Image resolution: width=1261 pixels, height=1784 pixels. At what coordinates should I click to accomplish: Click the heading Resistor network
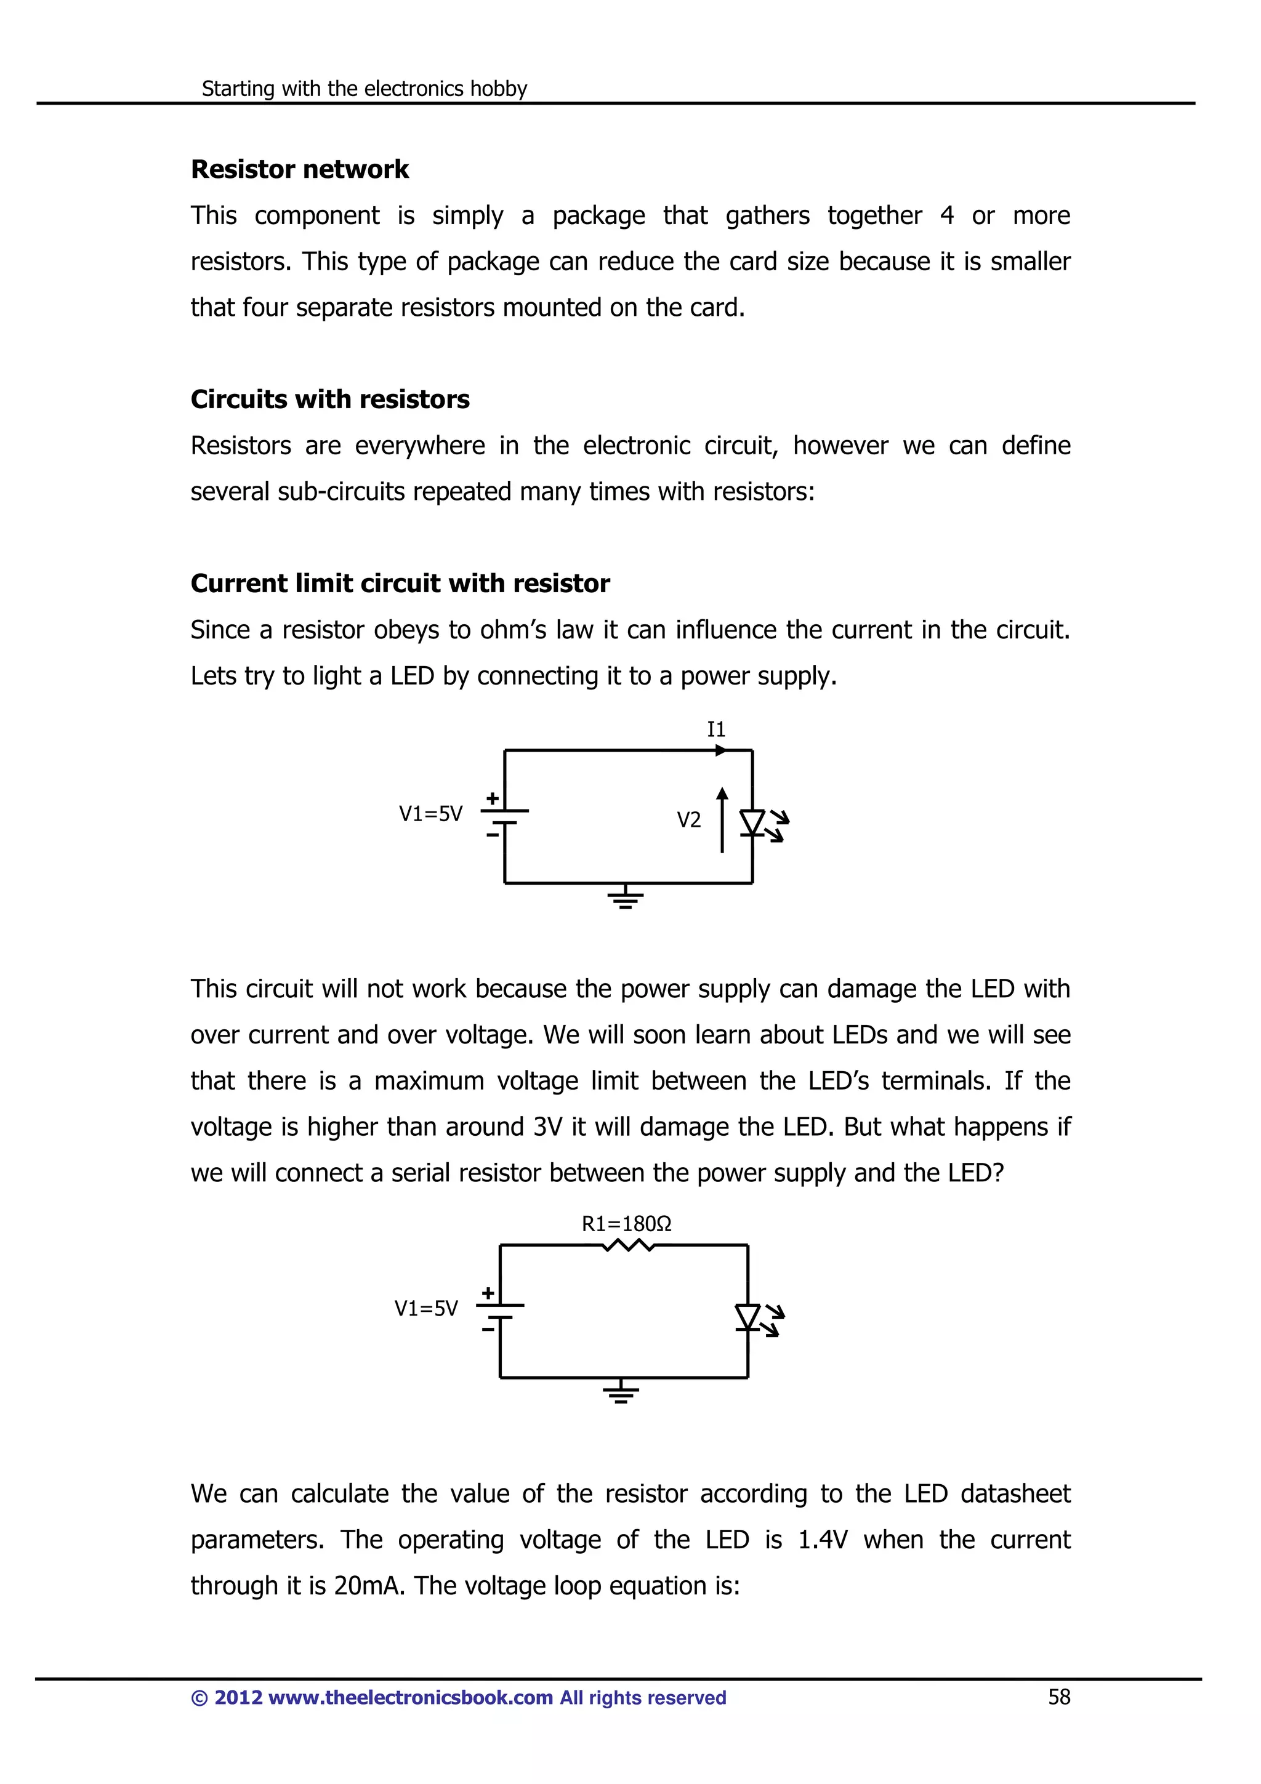click(299, 169)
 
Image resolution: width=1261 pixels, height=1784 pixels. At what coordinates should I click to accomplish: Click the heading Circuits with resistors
click(329, 400)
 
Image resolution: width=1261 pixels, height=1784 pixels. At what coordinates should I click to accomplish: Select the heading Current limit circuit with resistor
click(400, 584)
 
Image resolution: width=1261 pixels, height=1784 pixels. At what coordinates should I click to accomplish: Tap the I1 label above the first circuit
click(715, 729)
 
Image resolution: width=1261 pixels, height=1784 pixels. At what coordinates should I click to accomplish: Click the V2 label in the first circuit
click(688, 820)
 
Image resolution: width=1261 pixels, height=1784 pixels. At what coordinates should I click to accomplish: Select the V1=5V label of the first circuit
click(430, 814)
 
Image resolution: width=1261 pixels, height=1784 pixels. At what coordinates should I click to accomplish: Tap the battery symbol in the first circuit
click(504, 816)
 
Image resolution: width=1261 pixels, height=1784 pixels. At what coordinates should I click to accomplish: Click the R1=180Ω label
click(626, 1224)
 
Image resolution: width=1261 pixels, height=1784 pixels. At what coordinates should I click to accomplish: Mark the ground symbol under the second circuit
click(620, 1392)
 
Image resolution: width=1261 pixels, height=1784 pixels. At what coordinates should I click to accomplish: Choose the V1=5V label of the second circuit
click(425, 1309)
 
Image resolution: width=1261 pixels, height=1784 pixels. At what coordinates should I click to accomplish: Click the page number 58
click(1059, 1697)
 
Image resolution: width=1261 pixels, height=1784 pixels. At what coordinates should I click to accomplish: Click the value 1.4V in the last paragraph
click(823, 1540)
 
